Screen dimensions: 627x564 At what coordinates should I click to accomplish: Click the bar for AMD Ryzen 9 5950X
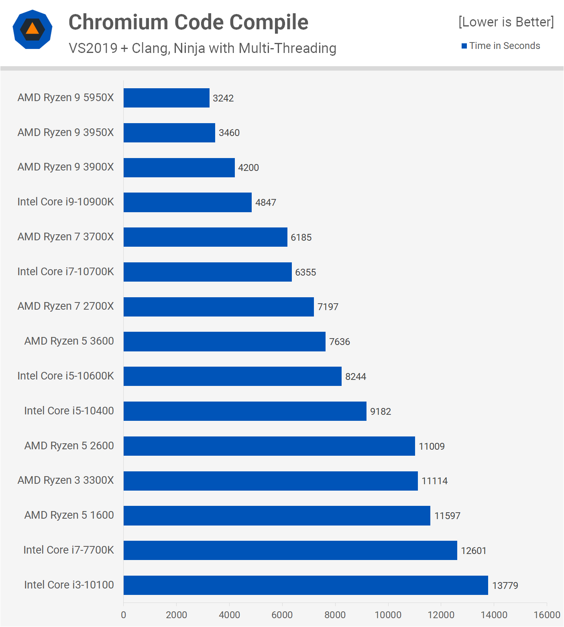click(166, 98)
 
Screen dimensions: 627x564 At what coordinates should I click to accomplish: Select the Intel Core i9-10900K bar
click(187, 202)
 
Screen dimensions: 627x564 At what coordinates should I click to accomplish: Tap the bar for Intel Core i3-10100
click(305, 585)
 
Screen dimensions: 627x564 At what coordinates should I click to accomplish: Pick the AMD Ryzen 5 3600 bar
click(224, 341)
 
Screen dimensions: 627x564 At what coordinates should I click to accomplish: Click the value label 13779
click(505, 586)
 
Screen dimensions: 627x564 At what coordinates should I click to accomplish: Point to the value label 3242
click(223, 98)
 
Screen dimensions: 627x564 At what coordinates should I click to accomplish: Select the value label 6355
click(305, 272)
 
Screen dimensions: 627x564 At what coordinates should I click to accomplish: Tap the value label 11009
click(432, 446)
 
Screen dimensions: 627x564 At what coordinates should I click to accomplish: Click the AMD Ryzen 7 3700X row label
click(66, 237)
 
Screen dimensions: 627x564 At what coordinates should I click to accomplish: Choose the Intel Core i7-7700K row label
click(69, 550)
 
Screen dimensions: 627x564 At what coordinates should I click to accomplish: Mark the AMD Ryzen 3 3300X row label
click(66, 480)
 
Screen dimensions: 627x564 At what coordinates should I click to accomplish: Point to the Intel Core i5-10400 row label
click(69, 411)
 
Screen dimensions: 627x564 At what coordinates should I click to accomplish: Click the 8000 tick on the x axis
click(335, 615)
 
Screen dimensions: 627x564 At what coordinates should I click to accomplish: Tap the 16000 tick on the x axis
click(547, 615)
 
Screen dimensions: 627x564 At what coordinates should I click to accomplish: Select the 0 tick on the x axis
click(123, 615)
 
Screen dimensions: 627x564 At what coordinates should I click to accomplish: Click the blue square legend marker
click(464, 46)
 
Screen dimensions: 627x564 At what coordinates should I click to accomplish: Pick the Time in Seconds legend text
click(505, 46)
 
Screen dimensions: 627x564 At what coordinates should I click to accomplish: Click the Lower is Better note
click(506, 22)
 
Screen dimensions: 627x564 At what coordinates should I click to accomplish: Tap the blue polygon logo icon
click(33, 29)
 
